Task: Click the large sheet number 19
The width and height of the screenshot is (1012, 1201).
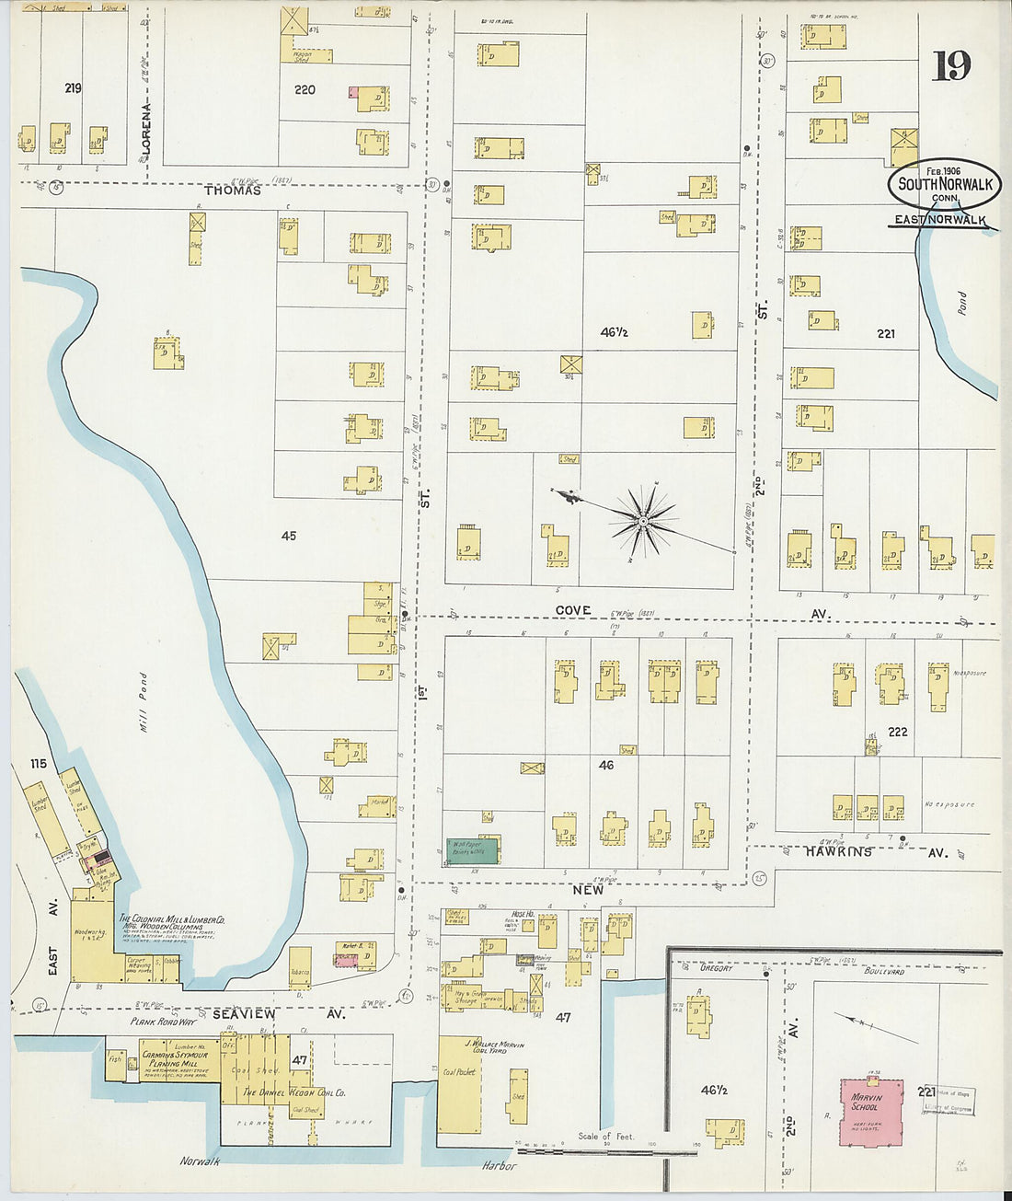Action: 950,65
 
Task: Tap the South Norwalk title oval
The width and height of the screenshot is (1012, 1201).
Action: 944,184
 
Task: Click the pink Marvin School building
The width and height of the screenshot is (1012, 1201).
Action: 870,1112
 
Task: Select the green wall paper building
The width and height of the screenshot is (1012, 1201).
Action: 473,850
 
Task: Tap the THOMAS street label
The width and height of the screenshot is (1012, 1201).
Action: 233,191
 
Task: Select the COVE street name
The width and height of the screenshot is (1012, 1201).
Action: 573,611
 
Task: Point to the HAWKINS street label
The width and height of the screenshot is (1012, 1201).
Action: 839,852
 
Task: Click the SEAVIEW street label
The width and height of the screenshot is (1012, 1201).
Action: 244,1013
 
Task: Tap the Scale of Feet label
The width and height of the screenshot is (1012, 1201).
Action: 605,1137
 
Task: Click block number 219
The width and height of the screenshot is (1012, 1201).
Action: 73,88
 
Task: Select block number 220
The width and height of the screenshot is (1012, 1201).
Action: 305,90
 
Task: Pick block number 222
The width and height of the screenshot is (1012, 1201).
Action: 897,732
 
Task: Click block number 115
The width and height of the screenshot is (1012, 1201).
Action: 38,764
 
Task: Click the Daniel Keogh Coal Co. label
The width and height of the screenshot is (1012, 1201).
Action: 293,1093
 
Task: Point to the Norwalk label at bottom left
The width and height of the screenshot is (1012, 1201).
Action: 200,1161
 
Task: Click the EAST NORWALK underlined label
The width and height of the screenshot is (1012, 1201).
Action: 939,220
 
